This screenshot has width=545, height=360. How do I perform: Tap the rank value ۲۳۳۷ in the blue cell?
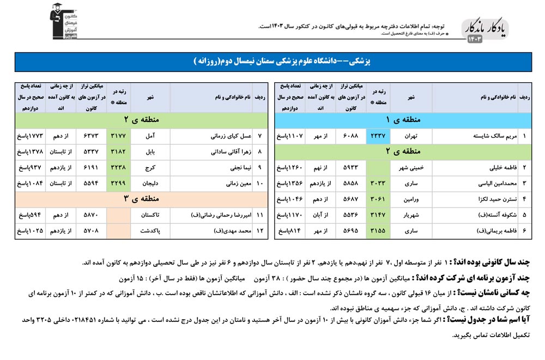pyautogui.click(x=377, y=136)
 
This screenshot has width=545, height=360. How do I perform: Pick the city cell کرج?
pyautogui.click(x=150, y=168)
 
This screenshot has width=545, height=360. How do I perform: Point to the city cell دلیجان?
pyautogui.click(x=150, y=184)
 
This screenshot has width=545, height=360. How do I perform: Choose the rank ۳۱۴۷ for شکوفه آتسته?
pyautogui.click(x=377, y=215)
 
